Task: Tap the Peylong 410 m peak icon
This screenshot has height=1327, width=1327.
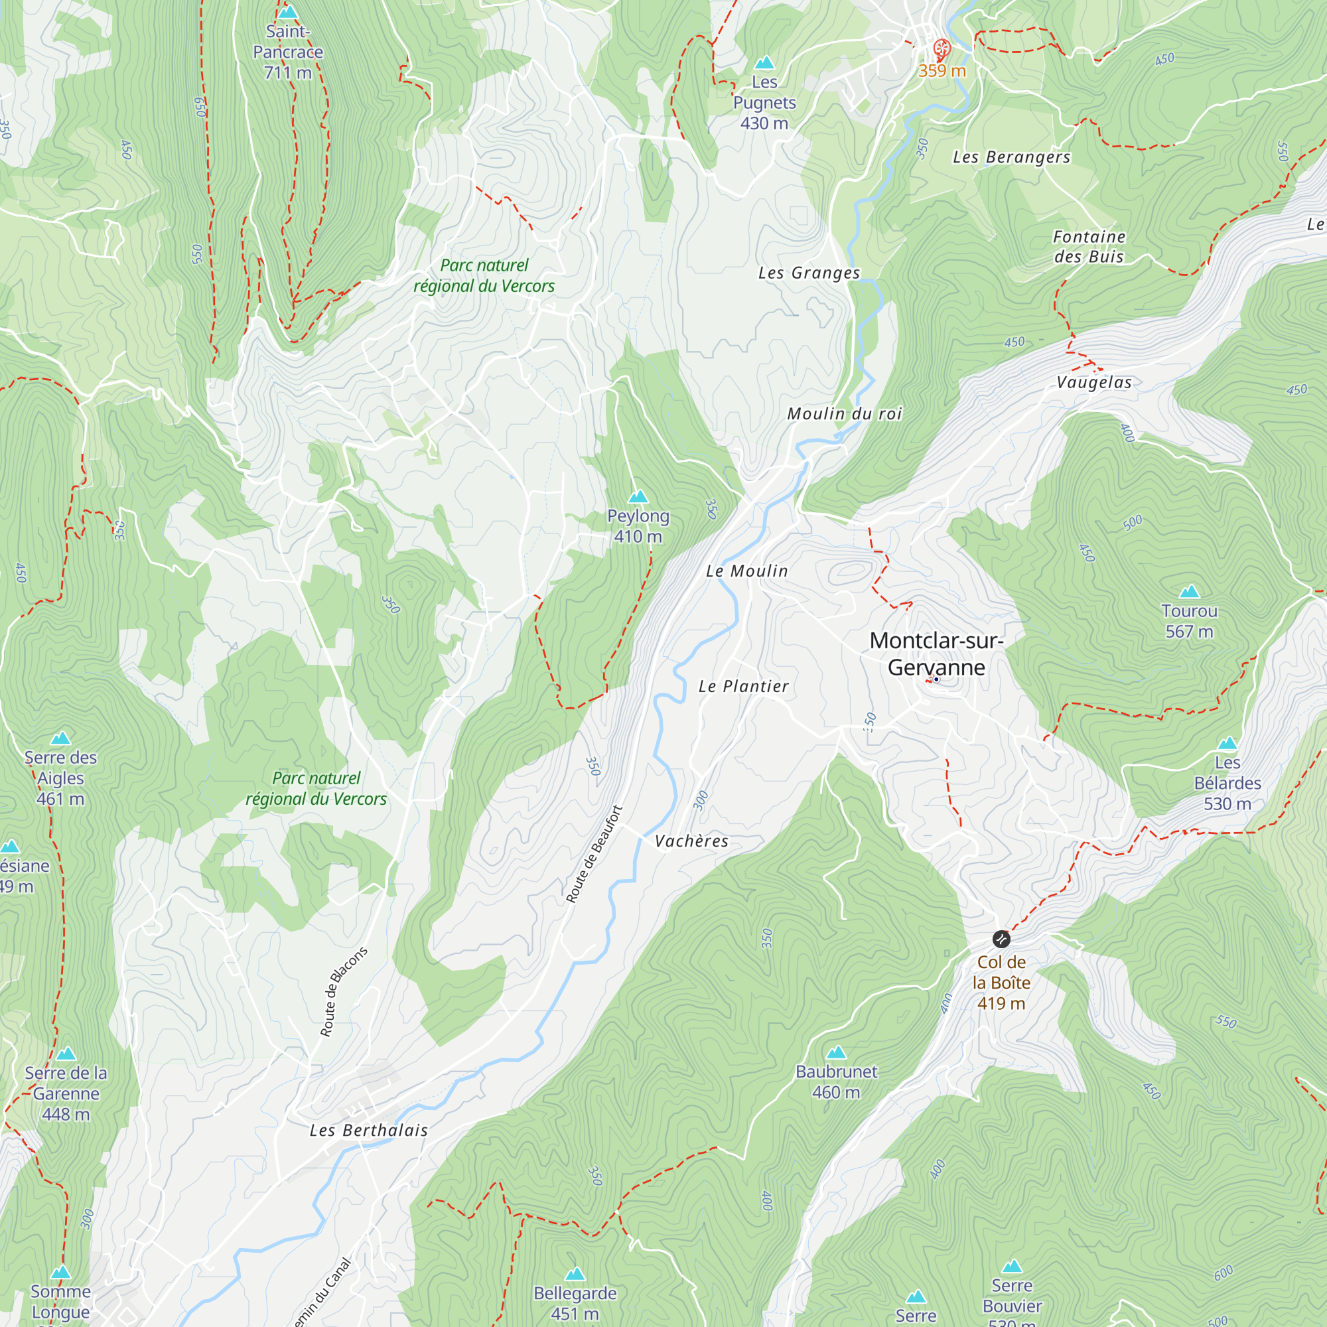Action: pos(638,496)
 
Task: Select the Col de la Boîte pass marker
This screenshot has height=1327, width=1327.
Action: pos(1001,939)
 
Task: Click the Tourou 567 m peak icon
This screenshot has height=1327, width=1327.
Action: pos(1189,591)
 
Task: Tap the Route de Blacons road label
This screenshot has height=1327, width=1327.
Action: pos(344,991)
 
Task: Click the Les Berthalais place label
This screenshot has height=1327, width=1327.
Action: pos(368,1130)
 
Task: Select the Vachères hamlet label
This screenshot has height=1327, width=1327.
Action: pos(691,841)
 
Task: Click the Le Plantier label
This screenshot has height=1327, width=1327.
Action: pos(743,686)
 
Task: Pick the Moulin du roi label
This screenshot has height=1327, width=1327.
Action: pos(844,413)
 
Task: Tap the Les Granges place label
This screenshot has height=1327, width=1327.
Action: pos(808,273)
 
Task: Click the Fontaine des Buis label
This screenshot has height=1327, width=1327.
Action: pos(1089,247)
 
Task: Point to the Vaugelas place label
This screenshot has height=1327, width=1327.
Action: pos(1093,382)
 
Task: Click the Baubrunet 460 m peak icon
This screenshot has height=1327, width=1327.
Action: pos(836,1052)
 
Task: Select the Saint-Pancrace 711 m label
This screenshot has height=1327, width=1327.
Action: pos(288,52)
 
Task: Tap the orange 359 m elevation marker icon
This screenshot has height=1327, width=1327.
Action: pos(941,48)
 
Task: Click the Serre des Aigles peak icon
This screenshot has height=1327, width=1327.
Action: pos(60,738)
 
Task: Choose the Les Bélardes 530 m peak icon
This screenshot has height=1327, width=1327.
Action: pos(1227,743)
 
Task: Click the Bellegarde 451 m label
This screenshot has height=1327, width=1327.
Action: pos(575,1303)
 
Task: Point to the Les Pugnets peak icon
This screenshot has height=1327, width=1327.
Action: pos(764,63)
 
